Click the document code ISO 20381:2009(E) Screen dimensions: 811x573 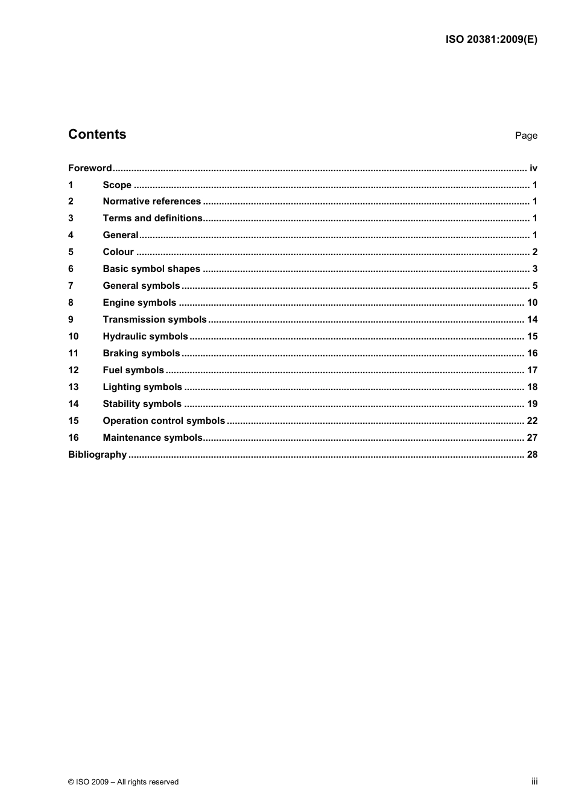pyautogui.click(x=491, y=40)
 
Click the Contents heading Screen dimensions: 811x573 pyautogui.click(x=97, y=134)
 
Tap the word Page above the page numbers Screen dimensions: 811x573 pyautogui.click(x=526, y=136)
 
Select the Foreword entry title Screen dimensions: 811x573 pyautogui.click(x=90, y=168)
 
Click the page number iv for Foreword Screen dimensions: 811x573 pyautogui.click(x=533, y=168)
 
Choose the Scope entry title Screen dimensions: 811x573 pyautogui.click(x=117, y=185)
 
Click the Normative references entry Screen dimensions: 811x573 pyautogui.click(x=151, y=201)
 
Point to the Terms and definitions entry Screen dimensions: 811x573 pyautogui.click(x=153, y=218)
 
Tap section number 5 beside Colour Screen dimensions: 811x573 pyautogui.click(x=71, y=252)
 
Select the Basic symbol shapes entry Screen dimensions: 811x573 pyautogui.click(x=151, y=269)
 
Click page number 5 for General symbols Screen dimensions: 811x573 pyautogui.click(x=534, y=286)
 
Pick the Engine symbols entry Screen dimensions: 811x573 pyautogui.click(x=139, y=303)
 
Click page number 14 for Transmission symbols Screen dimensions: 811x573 pyautogui.click(x=532, y=320)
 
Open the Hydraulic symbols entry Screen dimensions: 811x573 pyautogui.click(x=145, y=336)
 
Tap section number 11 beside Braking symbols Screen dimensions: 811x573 pyautogui.click(x=73, y=353)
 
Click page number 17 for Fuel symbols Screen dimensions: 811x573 pyautogui.click(x=532, y=370)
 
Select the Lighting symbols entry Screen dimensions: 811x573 pyautogui.click(x=142, y=387)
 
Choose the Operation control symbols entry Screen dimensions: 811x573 pyautogui.click(x=163, y=421)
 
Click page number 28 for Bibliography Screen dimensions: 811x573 pyautogui.click(x=532, y=455)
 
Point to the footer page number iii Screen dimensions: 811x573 pyautogui.click(x=534, y=781)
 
